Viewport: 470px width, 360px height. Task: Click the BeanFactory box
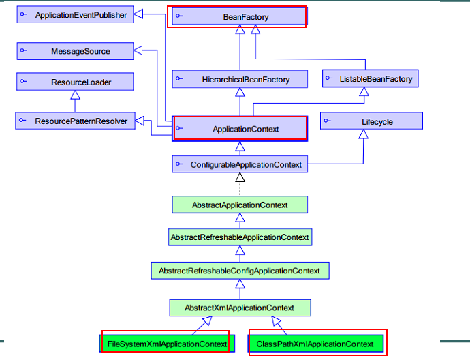238,16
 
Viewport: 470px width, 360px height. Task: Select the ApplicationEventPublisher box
75,15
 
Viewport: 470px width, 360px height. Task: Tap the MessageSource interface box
75,51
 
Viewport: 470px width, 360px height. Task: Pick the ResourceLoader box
75,82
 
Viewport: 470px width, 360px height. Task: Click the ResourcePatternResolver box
75,121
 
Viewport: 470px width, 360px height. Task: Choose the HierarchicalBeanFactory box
239,80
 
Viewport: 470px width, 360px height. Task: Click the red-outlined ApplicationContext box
240,128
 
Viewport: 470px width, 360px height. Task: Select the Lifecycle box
371,121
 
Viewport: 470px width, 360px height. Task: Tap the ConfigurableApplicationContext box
239,164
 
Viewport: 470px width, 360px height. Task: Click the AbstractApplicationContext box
239,205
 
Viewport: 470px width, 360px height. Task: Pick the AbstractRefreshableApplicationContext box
239,237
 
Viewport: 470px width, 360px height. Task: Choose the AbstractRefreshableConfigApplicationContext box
239,271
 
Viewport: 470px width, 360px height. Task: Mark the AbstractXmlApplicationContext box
239,307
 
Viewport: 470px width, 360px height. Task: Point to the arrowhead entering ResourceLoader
75,95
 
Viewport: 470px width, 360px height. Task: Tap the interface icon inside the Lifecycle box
328,121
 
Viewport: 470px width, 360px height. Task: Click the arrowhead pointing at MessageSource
138,50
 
